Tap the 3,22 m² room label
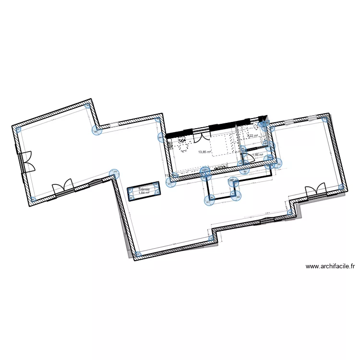[252, 136]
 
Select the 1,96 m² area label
[258, 155]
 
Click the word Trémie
[144, 190]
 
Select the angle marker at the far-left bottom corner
[33, 198]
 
